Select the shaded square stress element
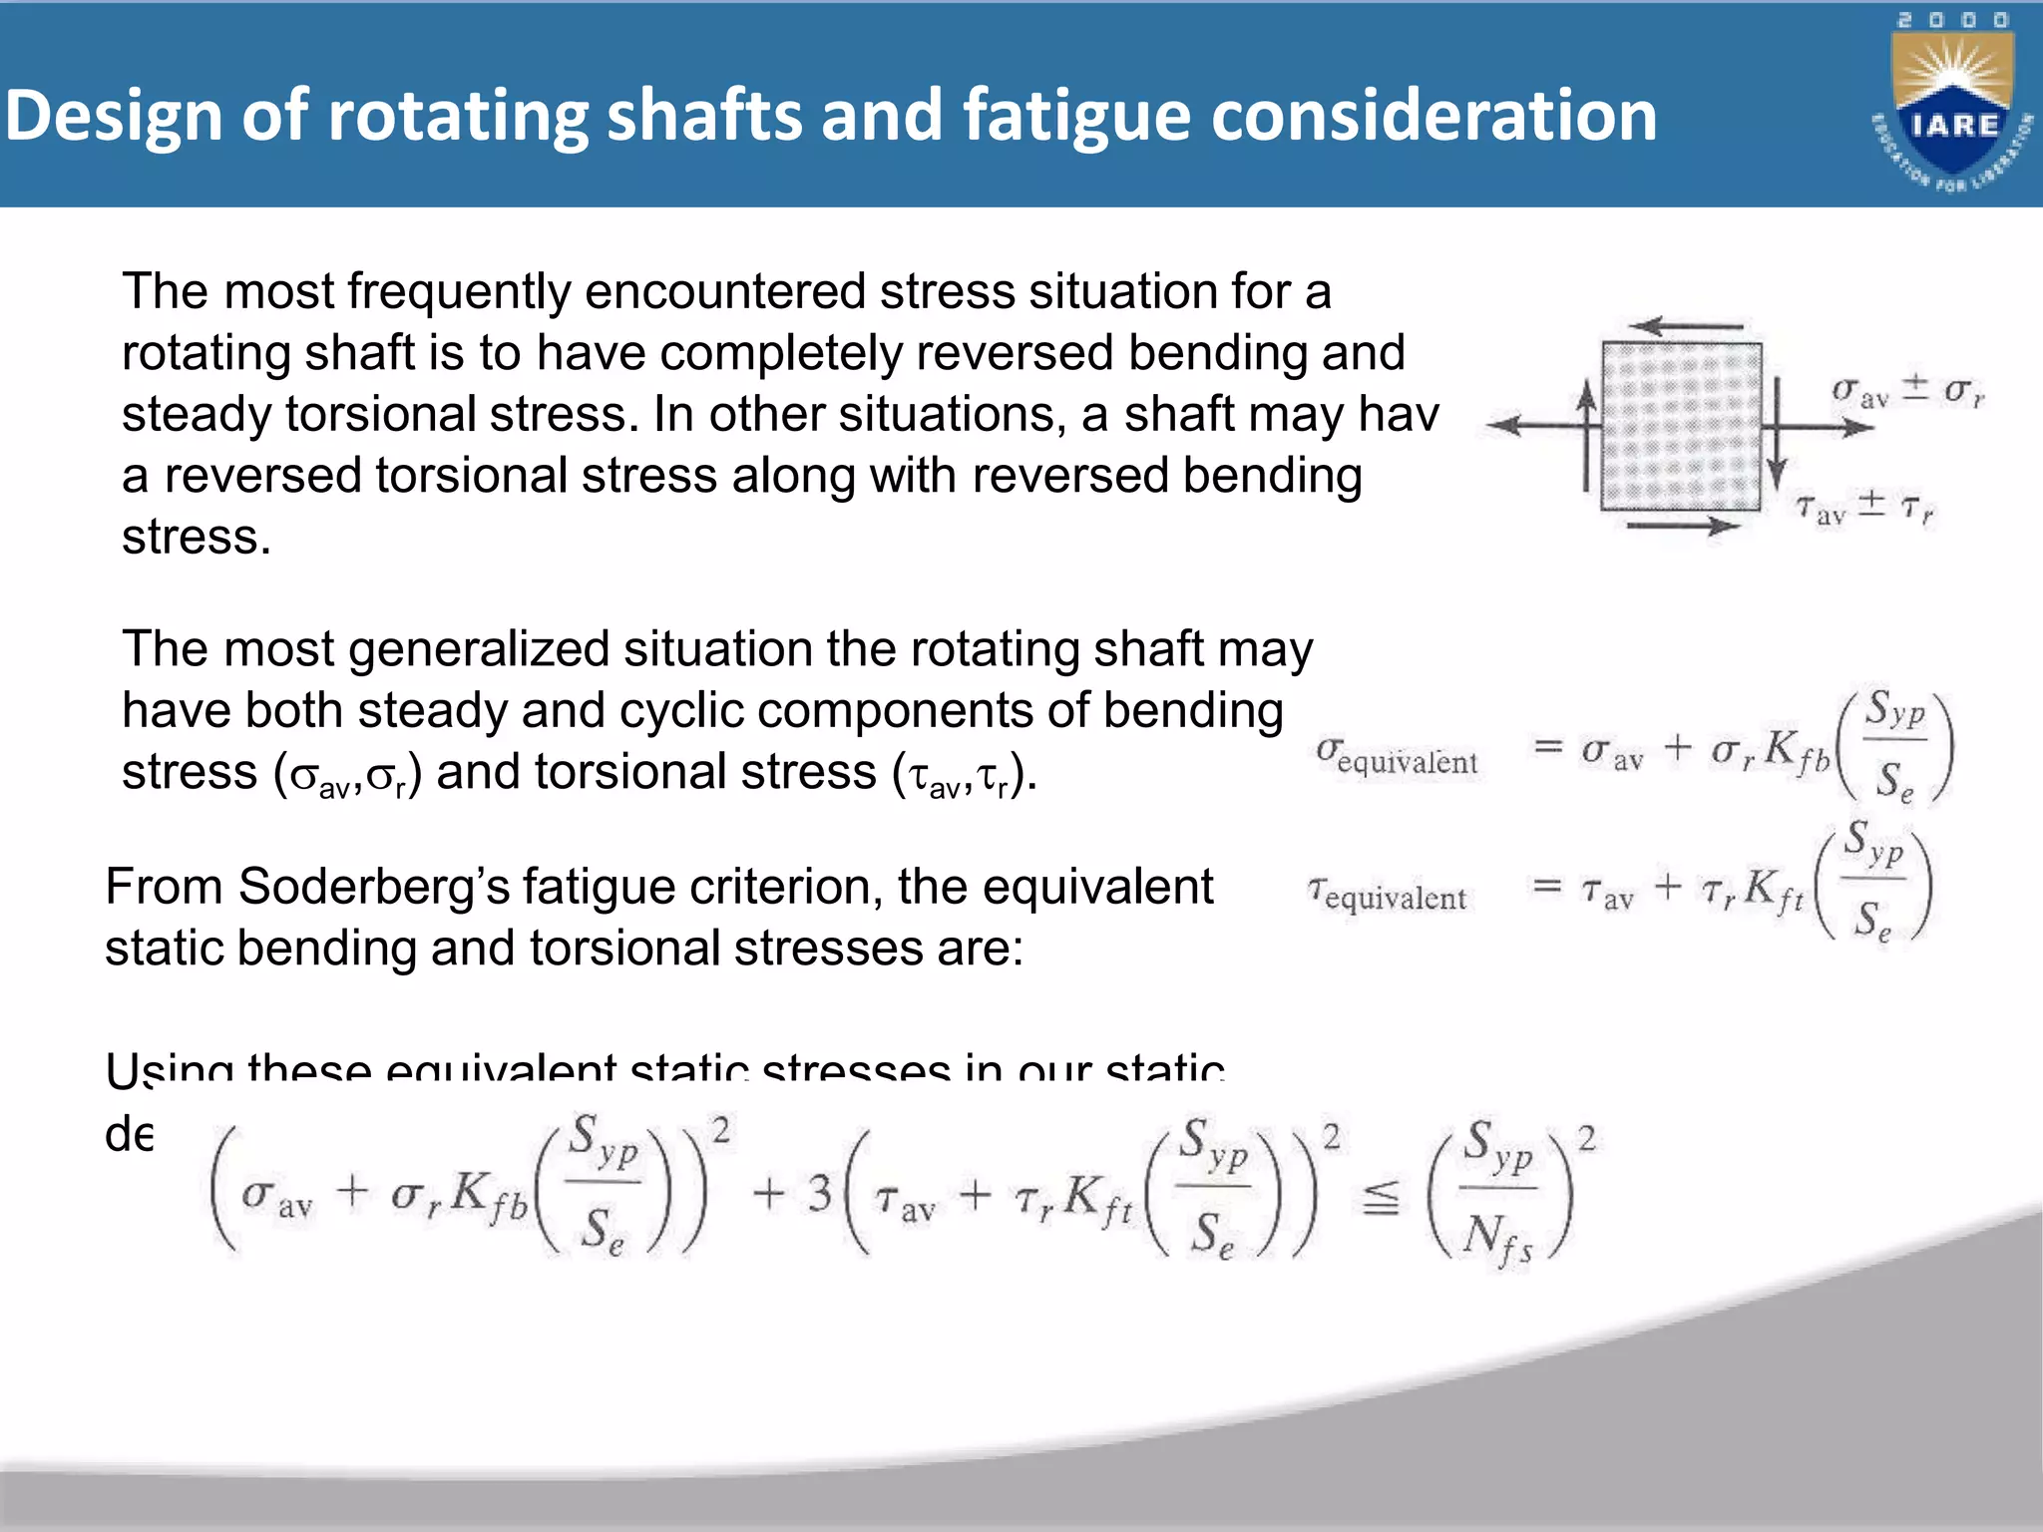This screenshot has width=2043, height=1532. [x=1681, y=427]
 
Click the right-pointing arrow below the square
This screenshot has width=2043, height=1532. [x=1684, y=525]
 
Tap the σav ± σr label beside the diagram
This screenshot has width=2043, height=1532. [x=1907, y=392]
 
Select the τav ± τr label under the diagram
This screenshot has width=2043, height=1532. [x=1864, y=508]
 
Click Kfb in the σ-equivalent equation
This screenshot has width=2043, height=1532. [x=1797, y=750]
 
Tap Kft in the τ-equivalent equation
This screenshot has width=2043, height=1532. [x=1775, y=890]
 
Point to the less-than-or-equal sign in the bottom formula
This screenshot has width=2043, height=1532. [x=1381, y=1197]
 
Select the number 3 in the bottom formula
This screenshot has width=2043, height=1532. [x=819, y=1193]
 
